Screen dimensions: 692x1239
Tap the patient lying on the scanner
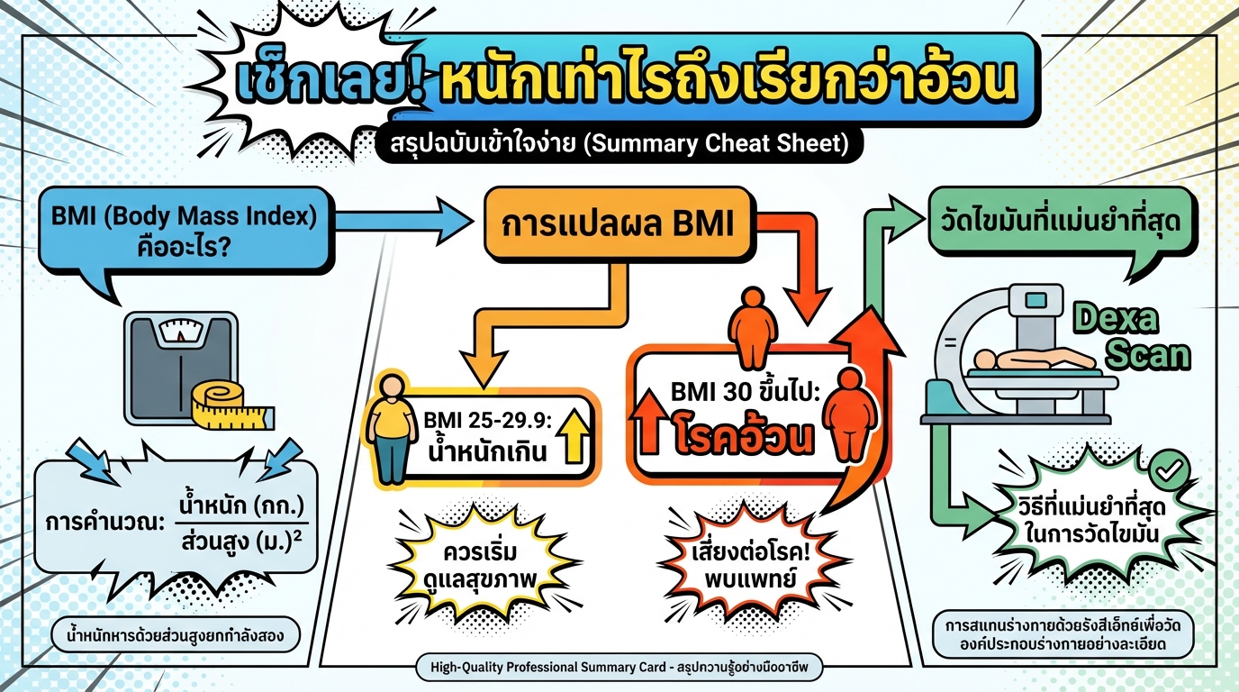point(1031,358)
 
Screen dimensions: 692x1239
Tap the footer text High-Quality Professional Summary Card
point(620,668)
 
